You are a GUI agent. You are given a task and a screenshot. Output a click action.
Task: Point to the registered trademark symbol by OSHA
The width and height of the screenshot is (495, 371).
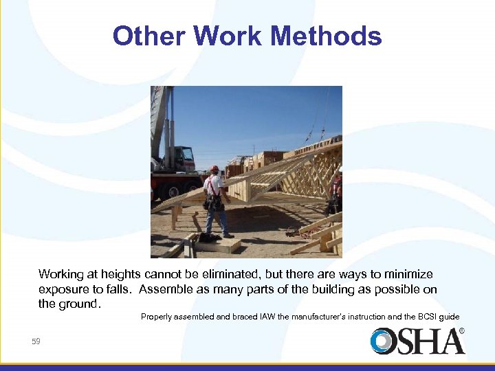461,331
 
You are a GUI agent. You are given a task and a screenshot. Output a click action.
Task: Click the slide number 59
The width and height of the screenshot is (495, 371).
36,341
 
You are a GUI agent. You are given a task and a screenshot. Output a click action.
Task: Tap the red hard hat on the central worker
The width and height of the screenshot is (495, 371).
214,168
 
